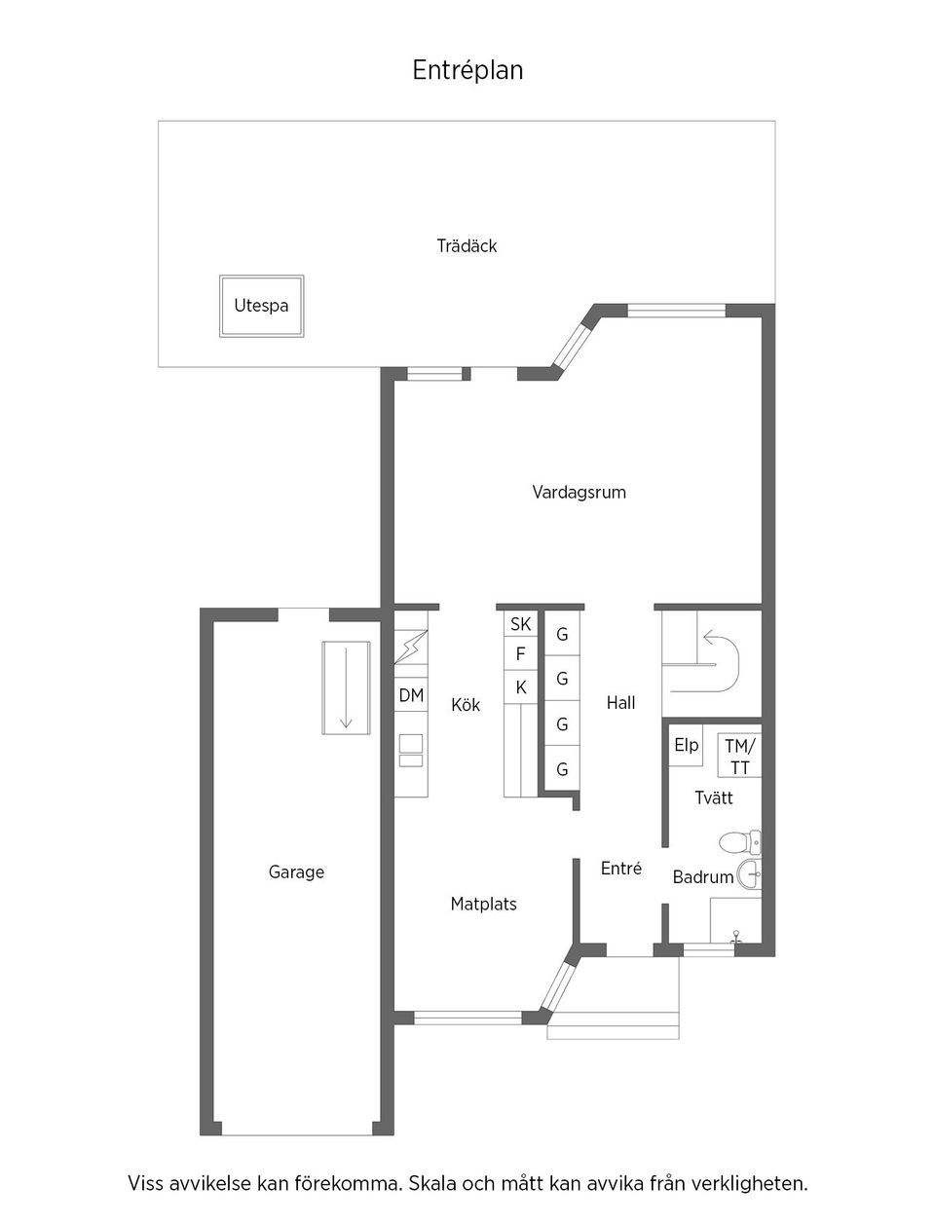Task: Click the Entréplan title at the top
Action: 467,70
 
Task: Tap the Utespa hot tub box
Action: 261,306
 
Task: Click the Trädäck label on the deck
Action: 467,246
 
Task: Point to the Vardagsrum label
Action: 579,492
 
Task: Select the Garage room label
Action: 296,872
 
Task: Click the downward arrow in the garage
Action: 346,688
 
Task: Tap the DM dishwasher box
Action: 411,695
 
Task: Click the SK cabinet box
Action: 521,624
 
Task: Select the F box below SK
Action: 521,653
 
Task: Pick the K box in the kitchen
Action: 521,687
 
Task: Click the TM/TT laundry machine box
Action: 740,757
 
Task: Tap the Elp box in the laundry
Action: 686,745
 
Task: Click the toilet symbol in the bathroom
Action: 738,841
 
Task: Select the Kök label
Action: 466,705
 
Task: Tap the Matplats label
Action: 483,905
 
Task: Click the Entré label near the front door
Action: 620,869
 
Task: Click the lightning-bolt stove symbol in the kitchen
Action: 410,646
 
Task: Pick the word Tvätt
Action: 713,798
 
